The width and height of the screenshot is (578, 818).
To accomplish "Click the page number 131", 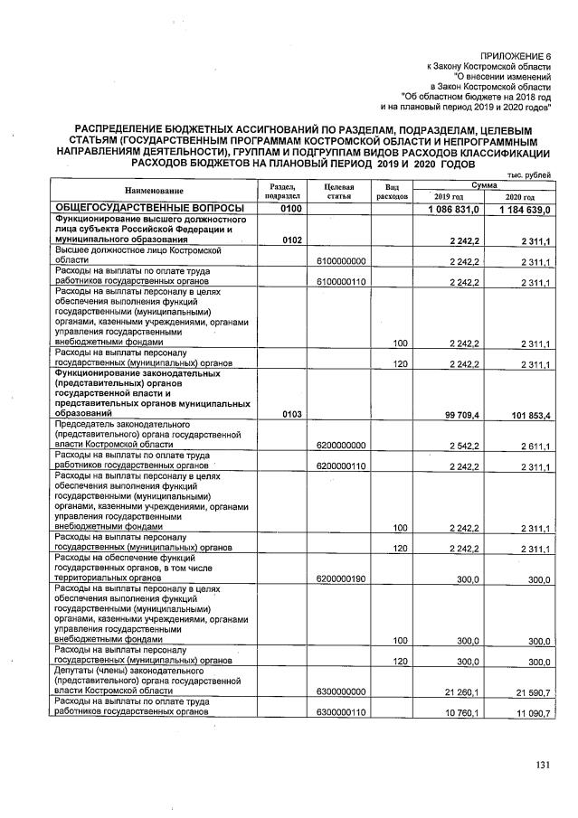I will click(x=542, y=766).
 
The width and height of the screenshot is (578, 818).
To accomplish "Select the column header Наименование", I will click(x=154, y=191).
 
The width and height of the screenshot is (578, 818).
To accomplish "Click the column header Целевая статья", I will click(x=336, y=191).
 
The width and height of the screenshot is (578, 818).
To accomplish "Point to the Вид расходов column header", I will click(x=393, y=191).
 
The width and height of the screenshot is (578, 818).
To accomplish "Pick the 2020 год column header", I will click(x=519, y=197).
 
